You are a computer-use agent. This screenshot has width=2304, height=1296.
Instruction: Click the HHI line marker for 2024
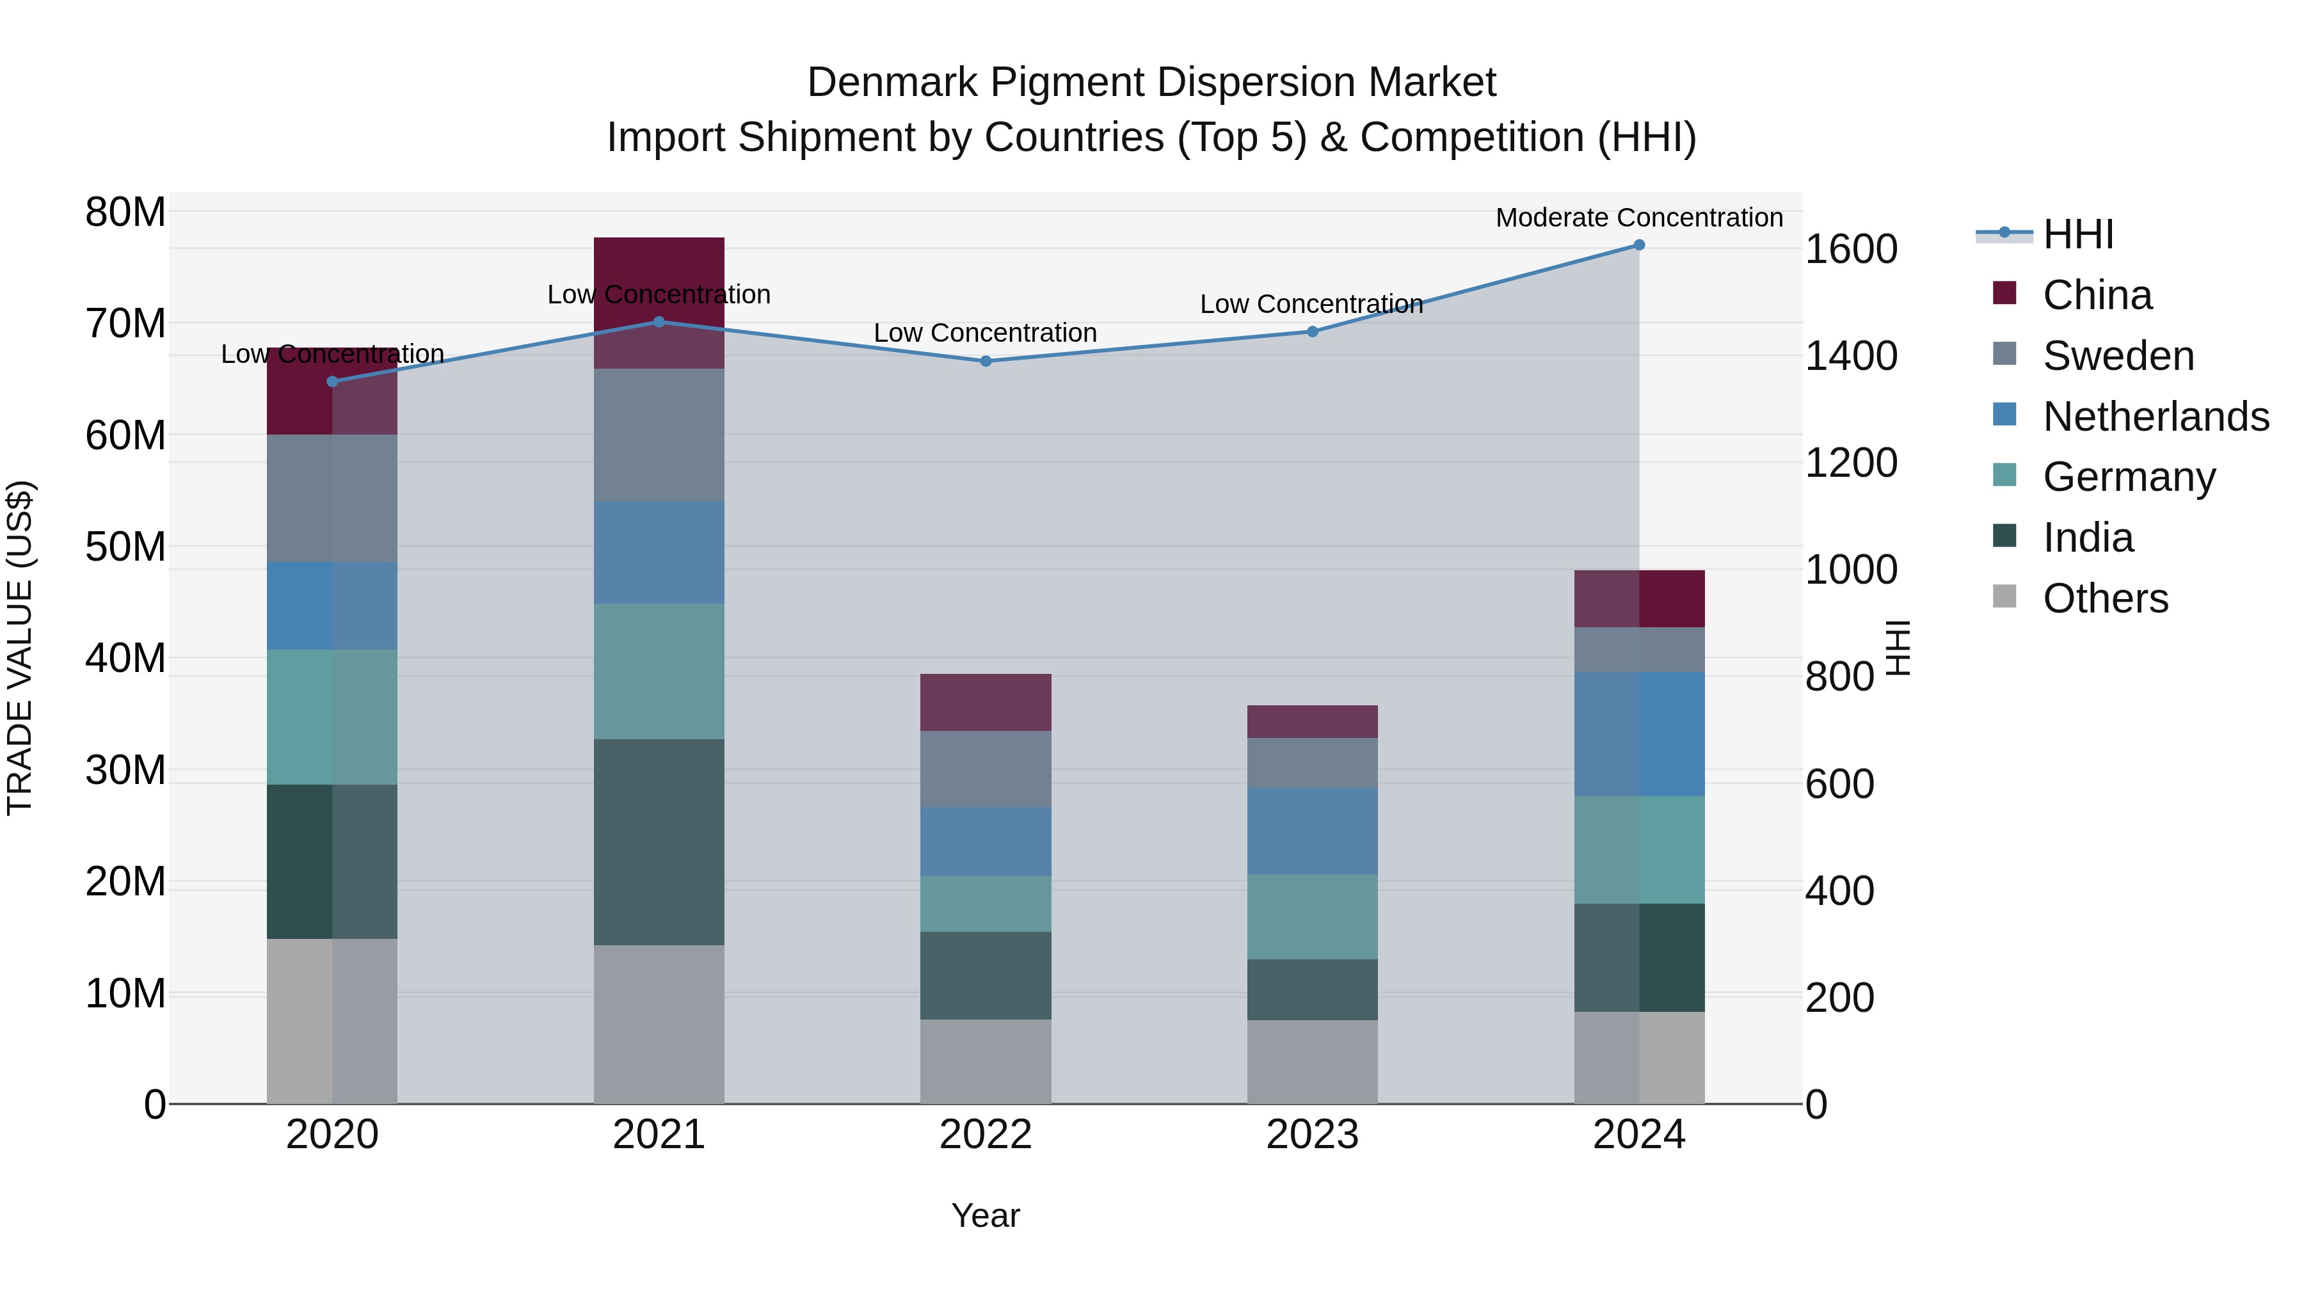[1638, 245]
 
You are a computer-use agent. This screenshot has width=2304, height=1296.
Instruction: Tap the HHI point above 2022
[986, 362]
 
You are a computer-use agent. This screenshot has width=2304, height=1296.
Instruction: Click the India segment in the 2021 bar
[659, 842]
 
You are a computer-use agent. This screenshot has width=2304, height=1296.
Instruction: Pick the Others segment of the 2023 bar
[1312, 1062]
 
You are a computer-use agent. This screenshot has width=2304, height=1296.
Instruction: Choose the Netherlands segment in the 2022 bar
[986, 842]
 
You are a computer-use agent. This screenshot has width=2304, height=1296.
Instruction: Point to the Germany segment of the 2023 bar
[1312, 916]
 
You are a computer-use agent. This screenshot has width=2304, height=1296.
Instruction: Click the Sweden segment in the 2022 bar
[986, 769]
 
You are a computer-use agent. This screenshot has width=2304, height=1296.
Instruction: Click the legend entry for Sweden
[2118, 356]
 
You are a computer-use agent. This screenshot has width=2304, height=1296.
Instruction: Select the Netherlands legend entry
[2156, 417]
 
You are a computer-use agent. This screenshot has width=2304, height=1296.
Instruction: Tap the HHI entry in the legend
[2077, 234]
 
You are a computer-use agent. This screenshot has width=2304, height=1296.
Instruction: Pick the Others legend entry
[2104, 598]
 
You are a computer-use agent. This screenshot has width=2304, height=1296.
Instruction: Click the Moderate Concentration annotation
[1638, 218]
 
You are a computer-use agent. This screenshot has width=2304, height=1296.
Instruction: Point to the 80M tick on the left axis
[125, 213]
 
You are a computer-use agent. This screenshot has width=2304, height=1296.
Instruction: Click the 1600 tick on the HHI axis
[1850, 250]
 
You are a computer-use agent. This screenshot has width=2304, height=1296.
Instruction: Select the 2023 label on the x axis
[1312, 1135]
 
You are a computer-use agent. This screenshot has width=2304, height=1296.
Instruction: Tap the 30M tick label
[125, 770]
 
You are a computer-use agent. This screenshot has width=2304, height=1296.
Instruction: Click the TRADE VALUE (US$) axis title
[20, 648]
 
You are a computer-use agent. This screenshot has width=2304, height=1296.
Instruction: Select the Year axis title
[985, 1215]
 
